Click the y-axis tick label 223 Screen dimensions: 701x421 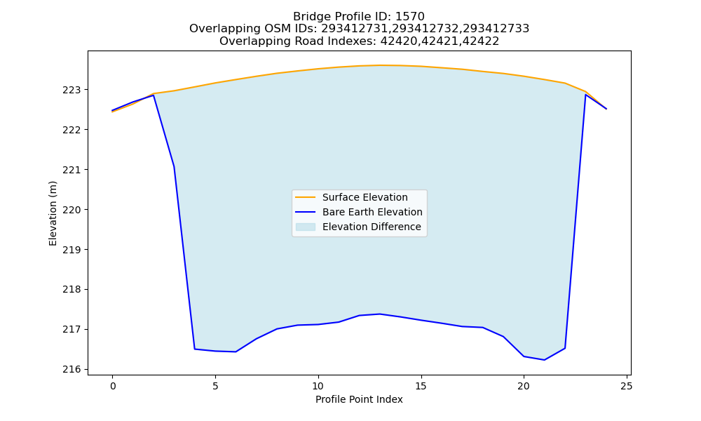pos(72,90)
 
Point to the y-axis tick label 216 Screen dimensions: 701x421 pos(72,369)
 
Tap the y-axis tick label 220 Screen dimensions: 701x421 pos(72,210)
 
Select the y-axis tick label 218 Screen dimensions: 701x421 pos(72,290)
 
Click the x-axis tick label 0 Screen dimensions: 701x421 pos(113,386)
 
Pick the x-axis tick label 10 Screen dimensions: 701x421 pos(318,386)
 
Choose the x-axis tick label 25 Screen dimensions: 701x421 pos(626,386)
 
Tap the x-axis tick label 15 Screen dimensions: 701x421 pos(421,386)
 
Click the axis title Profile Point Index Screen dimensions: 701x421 pos(359,399)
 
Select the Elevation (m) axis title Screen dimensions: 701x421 pos(53,213)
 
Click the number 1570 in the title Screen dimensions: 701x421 pos(410,17)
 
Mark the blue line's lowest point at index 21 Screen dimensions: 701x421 pos(544,360)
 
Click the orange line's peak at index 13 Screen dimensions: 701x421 pos(379,65)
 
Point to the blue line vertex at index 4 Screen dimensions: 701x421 pos(195,349)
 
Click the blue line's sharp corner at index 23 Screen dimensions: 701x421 pos(585,95)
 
